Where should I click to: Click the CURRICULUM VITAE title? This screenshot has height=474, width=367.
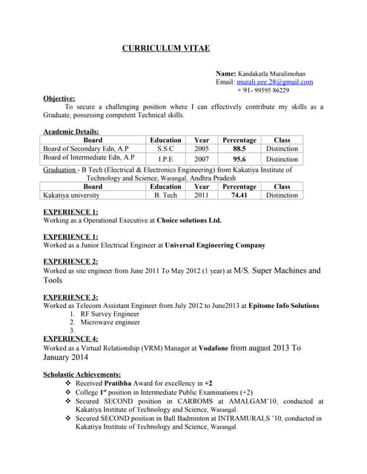click(165, 48)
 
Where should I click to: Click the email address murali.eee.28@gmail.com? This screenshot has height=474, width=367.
click(274, 82)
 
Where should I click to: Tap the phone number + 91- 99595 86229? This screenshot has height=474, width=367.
click(263, 90)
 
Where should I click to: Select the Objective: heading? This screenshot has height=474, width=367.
click(59, 98)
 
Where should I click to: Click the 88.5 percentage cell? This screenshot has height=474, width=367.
click(239, 149)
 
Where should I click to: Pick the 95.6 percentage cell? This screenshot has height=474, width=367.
click(239, 158)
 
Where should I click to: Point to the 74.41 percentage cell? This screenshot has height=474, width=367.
click(239, 196)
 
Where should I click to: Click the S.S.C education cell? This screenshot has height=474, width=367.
click(165, 149)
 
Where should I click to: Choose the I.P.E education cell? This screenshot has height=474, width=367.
click(165, 158)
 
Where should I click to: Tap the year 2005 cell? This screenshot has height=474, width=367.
click(202, 149)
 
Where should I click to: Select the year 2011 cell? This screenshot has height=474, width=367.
click(202, 196)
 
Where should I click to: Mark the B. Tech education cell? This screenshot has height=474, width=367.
click(165, 196)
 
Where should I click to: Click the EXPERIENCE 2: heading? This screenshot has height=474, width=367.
click(70, 261)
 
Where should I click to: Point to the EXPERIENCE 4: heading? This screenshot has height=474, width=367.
click(70, 338)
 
